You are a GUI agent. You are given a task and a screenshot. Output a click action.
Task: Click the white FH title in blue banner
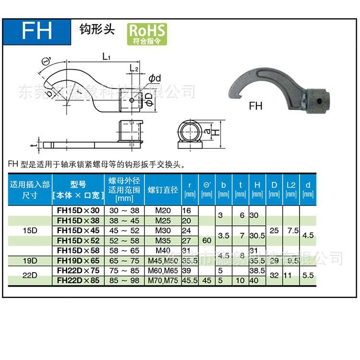point(36,31)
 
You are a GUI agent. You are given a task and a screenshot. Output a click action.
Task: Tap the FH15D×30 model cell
point(78,210)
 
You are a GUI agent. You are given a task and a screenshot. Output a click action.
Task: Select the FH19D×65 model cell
point(78,261)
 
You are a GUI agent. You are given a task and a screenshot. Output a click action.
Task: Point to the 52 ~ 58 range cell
point(124,240)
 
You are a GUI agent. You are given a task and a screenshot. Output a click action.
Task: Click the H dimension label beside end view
point(217,131)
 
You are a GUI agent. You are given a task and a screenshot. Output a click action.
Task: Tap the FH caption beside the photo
point(255,106)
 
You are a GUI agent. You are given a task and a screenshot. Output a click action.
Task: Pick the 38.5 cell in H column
point(257,271)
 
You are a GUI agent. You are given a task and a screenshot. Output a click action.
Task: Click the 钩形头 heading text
point(97,29)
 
